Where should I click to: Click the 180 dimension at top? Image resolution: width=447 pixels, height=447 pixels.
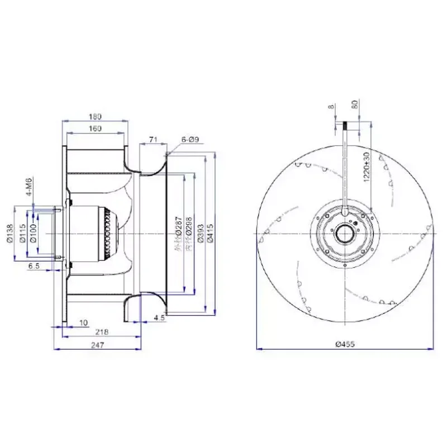[95, 117]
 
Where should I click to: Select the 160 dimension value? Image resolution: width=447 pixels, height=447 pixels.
[95, 129]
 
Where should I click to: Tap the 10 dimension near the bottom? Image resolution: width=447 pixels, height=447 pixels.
[84, 323]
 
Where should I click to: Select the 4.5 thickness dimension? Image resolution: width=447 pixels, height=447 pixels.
[158, 318]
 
